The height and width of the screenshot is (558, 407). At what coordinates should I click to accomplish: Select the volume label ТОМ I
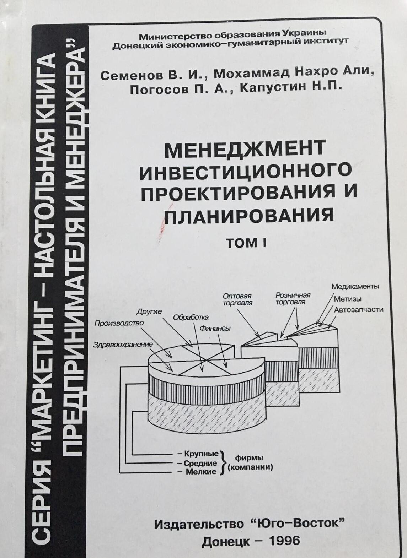pyautogui.click(x=246, y=243)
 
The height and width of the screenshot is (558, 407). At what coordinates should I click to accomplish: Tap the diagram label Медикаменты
pyautogui.click(x=355, y=287)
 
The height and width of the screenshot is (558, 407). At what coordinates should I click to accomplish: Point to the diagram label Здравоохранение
pyautogui.click(x=123, y=345)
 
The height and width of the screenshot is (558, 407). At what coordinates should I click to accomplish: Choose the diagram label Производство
pyautogui.click(x=119, y=323)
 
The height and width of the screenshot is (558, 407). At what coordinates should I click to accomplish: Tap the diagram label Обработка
pyautogui.click(x=191, y=318)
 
